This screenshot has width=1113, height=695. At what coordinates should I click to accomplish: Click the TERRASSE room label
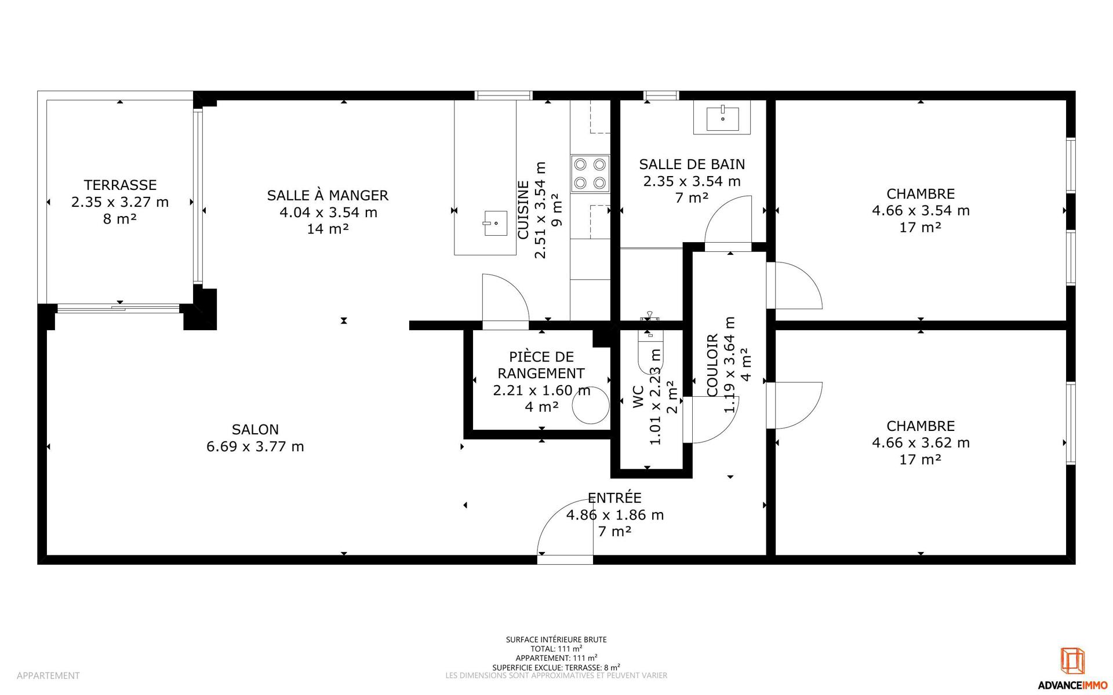120,185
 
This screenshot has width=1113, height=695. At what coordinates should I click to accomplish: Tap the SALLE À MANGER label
328,195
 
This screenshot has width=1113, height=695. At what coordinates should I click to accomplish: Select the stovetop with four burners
590,174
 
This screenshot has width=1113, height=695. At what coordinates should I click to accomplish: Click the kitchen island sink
495,224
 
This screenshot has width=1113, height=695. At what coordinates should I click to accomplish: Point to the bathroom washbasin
722,118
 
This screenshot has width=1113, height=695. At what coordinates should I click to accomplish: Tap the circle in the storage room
591,405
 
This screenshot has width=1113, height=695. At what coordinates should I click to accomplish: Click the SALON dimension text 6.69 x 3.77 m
255,447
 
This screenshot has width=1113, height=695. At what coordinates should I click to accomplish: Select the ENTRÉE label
614,498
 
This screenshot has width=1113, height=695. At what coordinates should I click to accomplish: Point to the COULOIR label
713,365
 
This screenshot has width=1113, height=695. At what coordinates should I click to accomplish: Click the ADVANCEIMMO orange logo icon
1072,661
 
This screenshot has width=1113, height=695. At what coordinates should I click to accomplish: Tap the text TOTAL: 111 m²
556,649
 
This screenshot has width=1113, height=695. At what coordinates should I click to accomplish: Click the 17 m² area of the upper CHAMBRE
921,227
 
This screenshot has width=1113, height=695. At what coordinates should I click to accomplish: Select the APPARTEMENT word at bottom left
48,675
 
